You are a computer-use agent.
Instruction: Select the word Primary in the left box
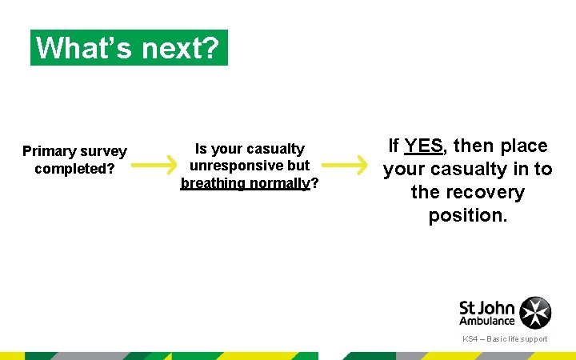[50, 151]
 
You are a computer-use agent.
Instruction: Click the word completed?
[74, 169]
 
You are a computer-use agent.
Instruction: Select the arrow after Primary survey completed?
[154, 166]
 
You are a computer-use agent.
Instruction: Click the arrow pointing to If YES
[344, 166]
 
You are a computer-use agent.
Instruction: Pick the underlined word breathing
[213, 183]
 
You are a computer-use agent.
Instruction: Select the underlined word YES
[423, 146]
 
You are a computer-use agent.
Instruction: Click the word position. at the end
[468, 215]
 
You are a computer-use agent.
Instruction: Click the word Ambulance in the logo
[487, 321]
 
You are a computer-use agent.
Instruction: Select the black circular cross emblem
[535, 313]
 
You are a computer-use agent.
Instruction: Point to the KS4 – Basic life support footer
[505, 339]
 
